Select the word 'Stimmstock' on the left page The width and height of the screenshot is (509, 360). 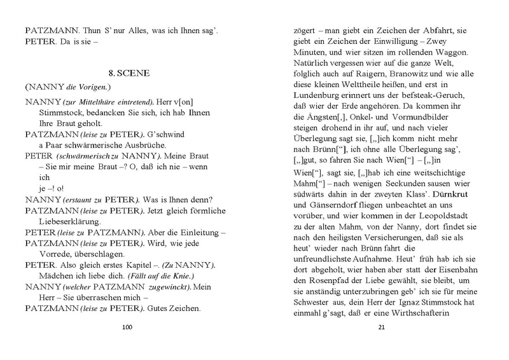coord(53,112)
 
